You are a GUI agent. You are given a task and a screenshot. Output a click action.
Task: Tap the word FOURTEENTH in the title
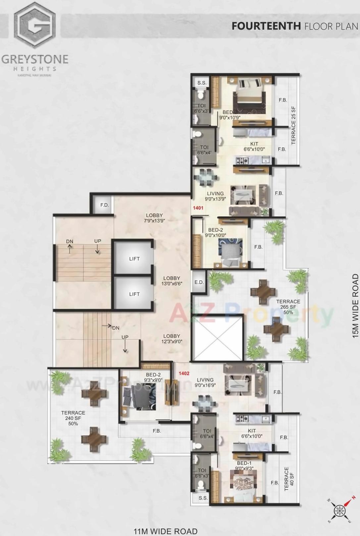point(266,26)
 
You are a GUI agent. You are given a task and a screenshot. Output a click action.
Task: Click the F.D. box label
point(105,205)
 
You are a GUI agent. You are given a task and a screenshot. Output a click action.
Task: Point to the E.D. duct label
point(199,282)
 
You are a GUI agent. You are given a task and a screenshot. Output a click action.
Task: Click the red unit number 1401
point(198,208)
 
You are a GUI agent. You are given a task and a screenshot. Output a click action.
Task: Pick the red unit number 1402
point(184,374)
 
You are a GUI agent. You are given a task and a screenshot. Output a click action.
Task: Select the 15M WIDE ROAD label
point(355,306)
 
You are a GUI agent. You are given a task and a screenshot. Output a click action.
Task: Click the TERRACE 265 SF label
point(288,307)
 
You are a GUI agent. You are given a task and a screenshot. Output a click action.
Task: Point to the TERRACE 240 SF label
point(73,418)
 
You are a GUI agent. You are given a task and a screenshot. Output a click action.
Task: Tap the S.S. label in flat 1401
point(202,83)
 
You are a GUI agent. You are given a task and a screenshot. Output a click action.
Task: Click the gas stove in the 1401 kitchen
point(242,161)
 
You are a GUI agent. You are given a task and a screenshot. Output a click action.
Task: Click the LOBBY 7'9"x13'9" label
point(154,218)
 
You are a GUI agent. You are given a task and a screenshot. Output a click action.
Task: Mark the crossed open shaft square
point(218,338)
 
